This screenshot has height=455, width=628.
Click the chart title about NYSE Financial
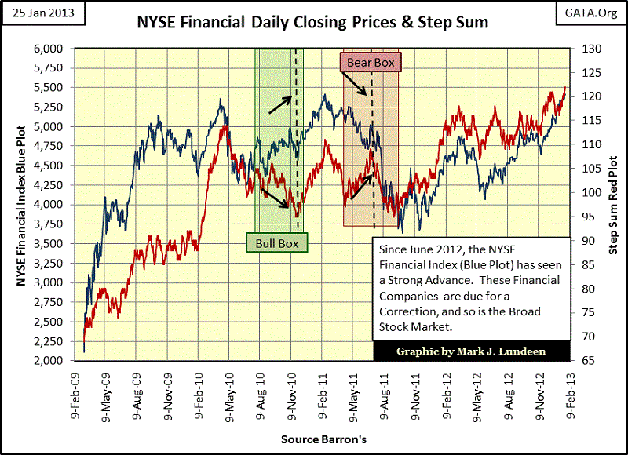314,22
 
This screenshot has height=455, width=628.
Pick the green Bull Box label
277,242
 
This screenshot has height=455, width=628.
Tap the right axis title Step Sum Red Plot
612,204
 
